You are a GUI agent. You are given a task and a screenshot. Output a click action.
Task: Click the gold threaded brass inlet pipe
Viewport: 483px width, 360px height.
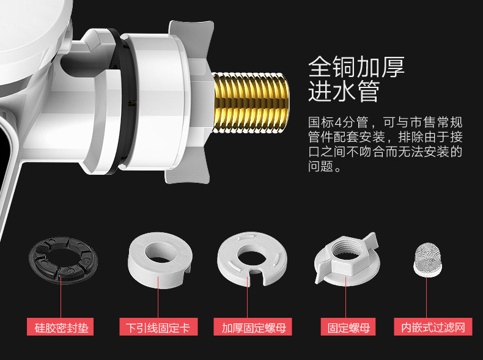[251, 103]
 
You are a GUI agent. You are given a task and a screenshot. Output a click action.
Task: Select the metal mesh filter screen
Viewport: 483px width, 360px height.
[427, 260]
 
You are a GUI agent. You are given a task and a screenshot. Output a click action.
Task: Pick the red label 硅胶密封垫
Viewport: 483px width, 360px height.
[61, 327]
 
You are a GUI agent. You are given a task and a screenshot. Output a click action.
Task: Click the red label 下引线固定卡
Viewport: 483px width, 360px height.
[158, 327]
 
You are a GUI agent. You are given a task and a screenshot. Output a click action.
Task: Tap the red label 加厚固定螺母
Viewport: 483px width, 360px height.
[253, 327]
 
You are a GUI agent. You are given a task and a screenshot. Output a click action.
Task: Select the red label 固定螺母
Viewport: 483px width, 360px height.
[348, 327]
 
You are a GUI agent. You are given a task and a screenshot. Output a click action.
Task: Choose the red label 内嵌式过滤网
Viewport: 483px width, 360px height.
[433, 327]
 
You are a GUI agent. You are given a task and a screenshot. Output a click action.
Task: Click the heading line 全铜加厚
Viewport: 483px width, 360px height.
[356, 67]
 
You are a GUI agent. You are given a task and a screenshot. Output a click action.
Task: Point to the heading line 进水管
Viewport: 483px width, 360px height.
[344, 92]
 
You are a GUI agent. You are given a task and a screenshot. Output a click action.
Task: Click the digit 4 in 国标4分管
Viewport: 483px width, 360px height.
[337, 123]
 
